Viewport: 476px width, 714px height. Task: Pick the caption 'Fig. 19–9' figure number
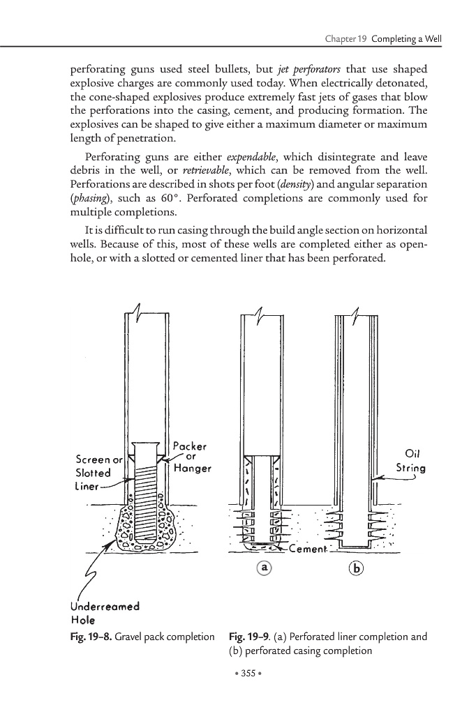coord(248,637)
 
